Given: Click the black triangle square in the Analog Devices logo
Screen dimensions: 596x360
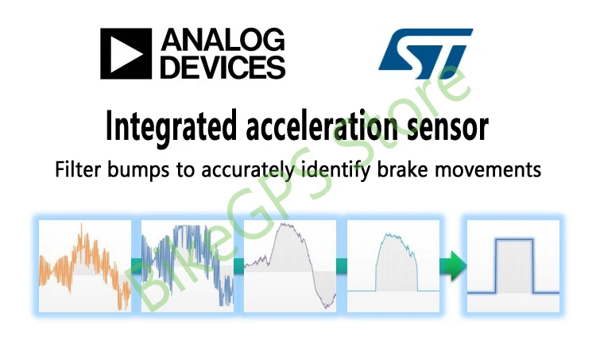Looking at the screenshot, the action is (126, 53).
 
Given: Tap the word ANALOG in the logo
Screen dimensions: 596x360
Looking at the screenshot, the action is (223, 40).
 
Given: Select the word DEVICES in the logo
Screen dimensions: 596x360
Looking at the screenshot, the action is (223, 68).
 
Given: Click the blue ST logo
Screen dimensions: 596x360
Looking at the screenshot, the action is (425, 53).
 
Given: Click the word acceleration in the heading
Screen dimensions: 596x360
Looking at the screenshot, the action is (322, 126).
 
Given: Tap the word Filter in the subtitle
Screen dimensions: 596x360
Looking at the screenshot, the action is (79, 168).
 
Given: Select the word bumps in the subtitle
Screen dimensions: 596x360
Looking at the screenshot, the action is (138, 169).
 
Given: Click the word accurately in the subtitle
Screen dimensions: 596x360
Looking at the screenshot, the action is (247, 170).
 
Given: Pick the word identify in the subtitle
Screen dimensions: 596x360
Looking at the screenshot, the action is (335, 170).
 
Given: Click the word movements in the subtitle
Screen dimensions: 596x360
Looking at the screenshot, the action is (488, 169).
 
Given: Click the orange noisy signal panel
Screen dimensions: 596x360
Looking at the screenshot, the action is (85, 266).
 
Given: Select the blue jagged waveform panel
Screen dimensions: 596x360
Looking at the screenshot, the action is (188, 266).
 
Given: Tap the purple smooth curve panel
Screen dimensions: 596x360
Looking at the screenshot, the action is (290, 266).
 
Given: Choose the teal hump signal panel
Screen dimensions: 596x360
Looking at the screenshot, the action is (393, 266).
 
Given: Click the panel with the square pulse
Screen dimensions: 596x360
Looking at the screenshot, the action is (513, 266).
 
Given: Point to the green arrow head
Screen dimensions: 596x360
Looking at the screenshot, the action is (458, 265).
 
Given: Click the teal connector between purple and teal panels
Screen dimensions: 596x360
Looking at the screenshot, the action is (342, 265).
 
